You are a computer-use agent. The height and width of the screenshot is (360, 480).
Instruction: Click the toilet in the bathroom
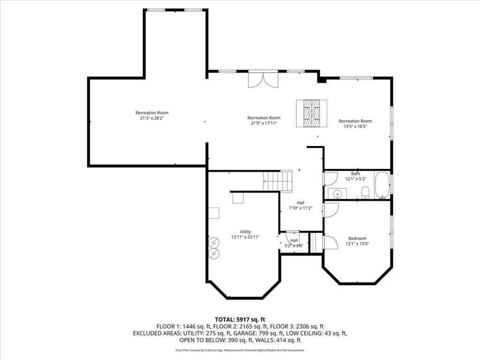[365, 191]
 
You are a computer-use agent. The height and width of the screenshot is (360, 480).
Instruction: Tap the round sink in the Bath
[337, 193]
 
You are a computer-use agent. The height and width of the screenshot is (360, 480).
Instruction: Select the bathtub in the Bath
[382, 185]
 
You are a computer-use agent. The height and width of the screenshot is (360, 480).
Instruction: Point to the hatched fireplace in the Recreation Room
[311, 113]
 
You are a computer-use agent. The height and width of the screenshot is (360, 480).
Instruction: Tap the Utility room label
[245, 232]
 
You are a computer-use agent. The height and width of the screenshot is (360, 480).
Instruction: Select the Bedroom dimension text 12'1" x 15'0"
[357, 243]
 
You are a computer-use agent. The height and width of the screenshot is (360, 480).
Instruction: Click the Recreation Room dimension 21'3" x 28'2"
[152, 118]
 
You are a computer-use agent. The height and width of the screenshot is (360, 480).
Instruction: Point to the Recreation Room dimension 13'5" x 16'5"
[355, 127]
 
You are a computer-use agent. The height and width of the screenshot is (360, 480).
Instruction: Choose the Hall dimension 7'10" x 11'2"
[300, 208]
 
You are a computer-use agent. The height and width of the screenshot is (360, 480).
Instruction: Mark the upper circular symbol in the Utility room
[214, 242]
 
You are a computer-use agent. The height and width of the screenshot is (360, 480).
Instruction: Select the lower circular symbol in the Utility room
[214, 253]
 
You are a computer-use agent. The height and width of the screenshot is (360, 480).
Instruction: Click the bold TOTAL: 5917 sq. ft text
[240, 319]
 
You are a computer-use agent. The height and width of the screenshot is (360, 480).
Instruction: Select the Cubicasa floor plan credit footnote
[240, 350]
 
